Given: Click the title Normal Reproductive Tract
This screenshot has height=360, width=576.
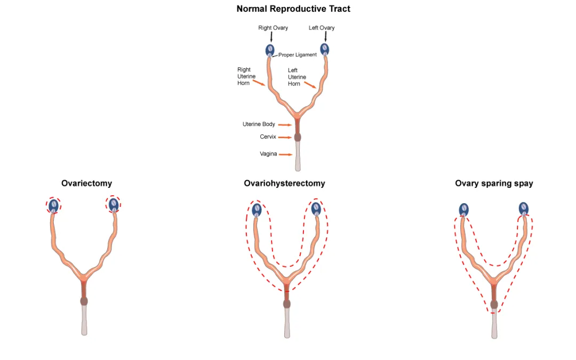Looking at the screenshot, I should [x=293, y=9].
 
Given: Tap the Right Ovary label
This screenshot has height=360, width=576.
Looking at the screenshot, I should [x=273, y=28].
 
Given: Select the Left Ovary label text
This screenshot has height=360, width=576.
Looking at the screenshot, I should [x=322, y=28].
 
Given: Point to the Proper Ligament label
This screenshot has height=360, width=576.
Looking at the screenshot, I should [x=297, y=55].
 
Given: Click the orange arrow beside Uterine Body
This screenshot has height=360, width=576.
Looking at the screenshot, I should [x=285, y=125].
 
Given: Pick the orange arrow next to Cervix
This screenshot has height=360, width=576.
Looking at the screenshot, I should [x=285, y=137].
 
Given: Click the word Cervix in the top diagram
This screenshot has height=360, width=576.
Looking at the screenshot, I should [x=268, y=137].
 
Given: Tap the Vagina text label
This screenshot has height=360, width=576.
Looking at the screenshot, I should [x=268, y=154].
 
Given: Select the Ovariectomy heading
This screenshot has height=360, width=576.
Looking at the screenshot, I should [x=86, y=183].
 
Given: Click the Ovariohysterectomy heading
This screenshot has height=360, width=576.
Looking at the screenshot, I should [x=284, y=183].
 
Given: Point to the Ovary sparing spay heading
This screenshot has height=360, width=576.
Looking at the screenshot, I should [x=494, y=183].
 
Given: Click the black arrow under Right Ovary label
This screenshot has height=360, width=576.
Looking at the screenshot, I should [x=271, y=37].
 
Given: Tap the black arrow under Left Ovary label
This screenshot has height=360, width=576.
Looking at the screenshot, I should [x=325, y=37].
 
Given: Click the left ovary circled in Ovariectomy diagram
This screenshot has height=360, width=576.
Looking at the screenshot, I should [x=53, y=205].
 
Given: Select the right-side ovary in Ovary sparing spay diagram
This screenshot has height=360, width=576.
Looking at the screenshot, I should [x=524, y=208].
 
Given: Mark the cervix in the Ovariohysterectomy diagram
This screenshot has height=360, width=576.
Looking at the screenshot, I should [x=287, y=304].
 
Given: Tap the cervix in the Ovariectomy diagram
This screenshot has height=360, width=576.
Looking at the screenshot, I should [x=84, y=301].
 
